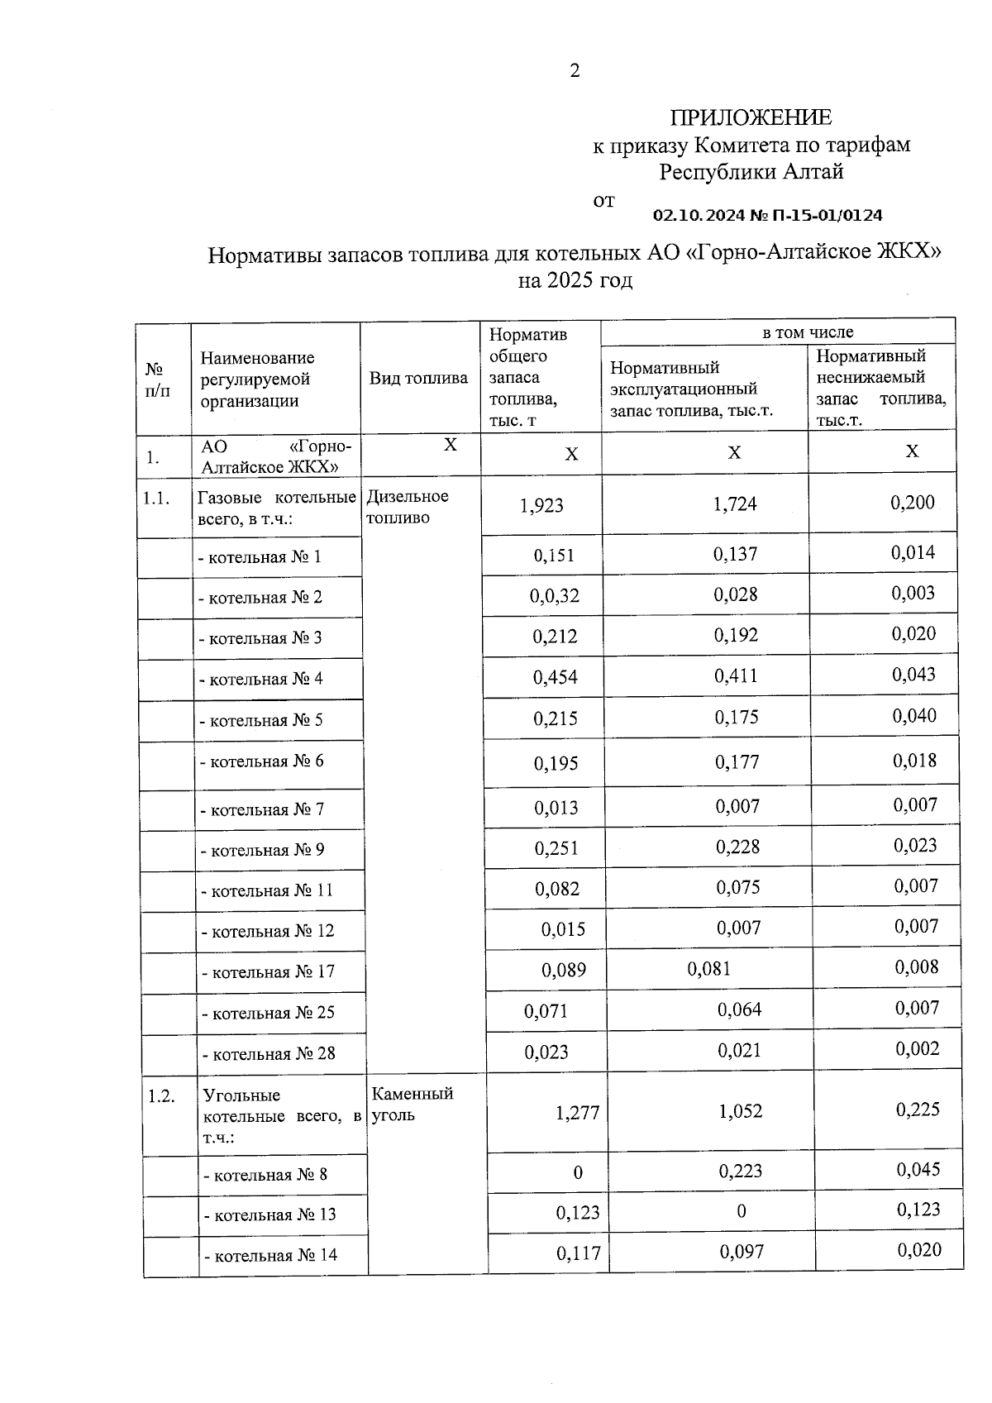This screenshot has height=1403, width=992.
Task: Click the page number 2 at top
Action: point(575,71)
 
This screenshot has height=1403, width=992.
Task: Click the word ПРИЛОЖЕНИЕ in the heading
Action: point(751,117)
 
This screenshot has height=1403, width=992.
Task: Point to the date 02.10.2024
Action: point(699,216)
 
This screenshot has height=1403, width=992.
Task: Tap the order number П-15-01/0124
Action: point(827,216)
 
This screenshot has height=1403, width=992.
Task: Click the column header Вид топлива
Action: point(418,379)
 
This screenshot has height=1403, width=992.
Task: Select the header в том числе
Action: point(808,332)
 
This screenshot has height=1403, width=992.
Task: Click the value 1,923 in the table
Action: point(541,505)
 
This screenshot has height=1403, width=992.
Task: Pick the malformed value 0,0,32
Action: point(555,596)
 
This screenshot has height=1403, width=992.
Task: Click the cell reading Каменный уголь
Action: point(412,1104)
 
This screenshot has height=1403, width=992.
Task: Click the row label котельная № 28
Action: point(269,1054)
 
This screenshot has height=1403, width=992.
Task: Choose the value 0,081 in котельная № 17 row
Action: point(708,968)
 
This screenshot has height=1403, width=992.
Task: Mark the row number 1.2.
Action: point(161,1096)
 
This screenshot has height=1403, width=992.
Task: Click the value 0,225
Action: point(918,1110)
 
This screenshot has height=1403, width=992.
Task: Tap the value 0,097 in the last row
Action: point(742,1253)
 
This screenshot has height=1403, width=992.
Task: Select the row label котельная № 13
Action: point(270,1215)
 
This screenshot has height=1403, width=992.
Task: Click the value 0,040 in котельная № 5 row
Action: point(913,716)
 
